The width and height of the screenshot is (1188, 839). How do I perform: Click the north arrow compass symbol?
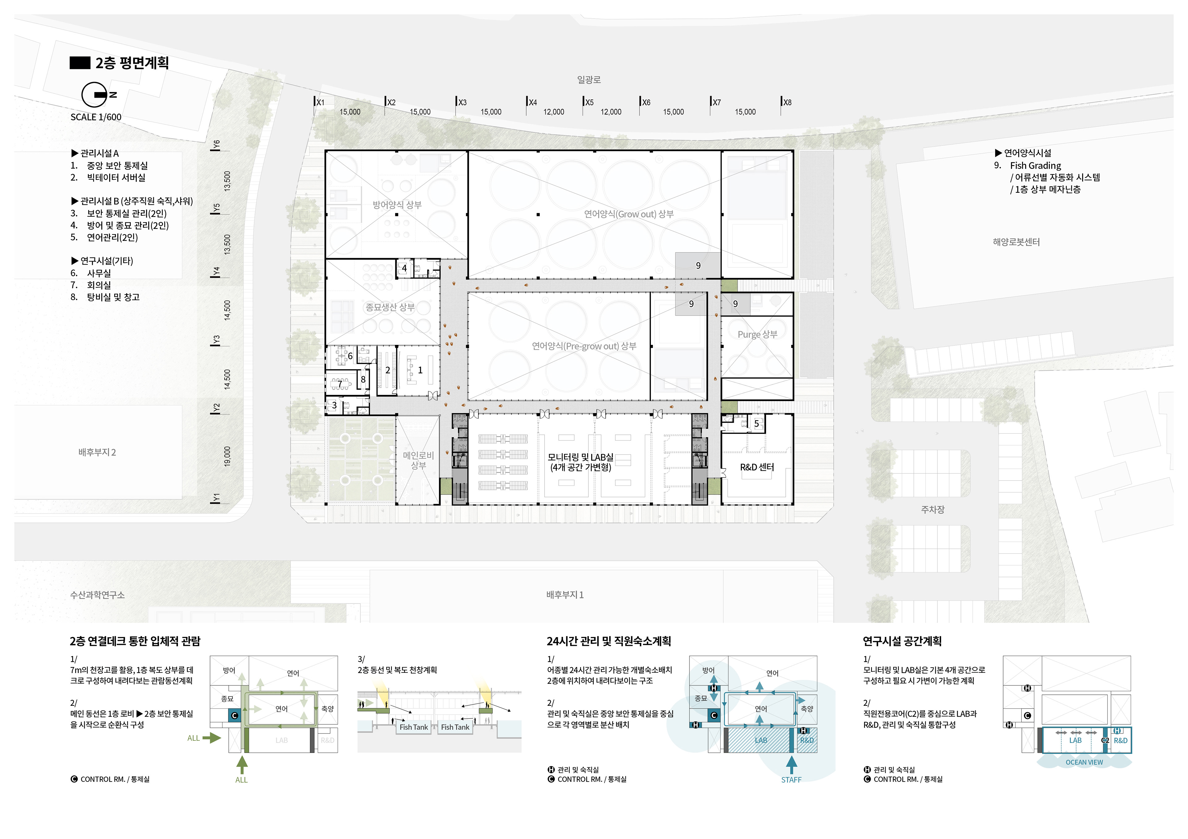[95, 95]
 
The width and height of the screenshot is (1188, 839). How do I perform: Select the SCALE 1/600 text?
[96, 117]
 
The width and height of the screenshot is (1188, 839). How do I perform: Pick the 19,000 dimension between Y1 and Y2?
[227, 456]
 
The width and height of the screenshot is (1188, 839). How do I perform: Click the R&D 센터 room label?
[756, 467]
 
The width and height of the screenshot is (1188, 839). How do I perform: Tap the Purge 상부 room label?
[757, 334]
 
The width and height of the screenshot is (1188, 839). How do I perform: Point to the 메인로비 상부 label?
[418, 460]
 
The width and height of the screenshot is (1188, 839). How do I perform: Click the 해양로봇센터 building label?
[1016, 242]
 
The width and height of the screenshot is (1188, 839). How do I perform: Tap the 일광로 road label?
[588, 80]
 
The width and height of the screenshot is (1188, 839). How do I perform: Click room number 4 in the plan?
[404, 268]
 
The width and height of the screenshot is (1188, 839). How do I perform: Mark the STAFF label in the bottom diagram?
[791, 780]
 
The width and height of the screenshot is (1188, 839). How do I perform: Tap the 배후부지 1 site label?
[565, 595]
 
